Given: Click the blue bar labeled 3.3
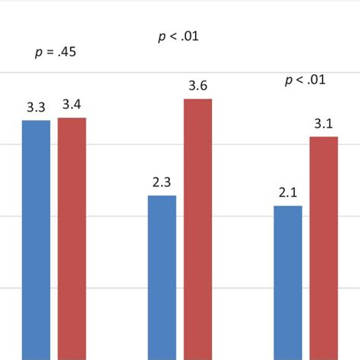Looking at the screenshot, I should (x=36, y=239).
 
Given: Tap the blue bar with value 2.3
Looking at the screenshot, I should (x=162, y=277).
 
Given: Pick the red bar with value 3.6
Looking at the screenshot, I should (x=198, y=229).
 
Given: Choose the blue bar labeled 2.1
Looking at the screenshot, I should (x=288, y=283).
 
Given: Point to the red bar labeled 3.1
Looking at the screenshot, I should (x=324, y=248).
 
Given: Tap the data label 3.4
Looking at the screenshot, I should (x=72, y=105).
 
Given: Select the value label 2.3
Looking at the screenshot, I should (x=162, y=182).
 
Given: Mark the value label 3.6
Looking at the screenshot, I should (x=198, y=86).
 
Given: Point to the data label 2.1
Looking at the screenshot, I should (x=288, y=193).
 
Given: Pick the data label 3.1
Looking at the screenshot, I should (x=324, y=123).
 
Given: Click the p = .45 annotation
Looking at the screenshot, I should (x=55, y=52).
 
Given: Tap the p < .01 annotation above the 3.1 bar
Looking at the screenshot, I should (x=305, y=80).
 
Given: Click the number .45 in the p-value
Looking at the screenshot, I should (x=67, y=52).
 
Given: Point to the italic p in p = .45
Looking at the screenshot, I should (x=39, y=53).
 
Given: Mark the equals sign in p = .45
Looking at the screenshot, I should (x=49, y=52).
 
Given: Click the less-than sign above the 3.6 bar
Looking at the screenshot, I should (x=171, y=36).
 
